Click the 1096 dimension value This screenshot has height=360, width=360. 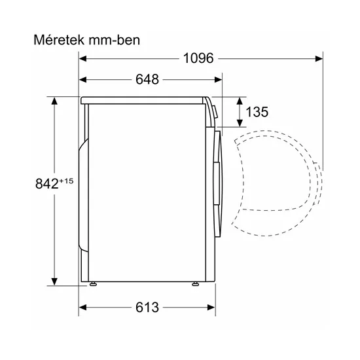point(197,59)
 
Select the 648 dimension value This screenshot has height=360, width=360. point(148,80)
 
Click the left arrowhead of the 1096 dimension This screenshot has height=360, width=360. point(83,59)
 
